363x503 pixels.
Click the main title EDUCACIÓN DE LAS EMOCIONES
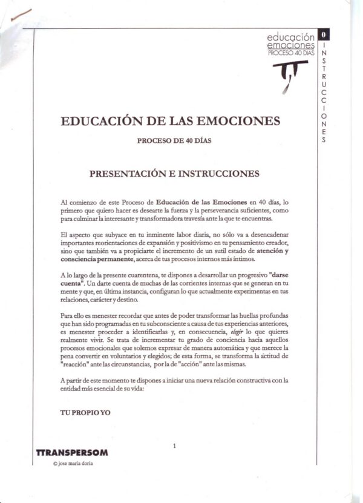pos(171,120)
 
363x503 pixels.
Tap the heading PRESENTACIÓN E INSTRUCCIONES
pos(174,173)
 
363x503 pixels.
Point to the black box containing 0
pos(324,34)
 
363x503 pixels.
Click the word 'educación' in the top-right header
pos(291,37)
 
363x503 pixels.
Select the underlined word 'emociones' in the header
pos(291,45)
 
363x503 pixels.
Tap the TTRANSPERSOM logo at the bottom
pos(72,452)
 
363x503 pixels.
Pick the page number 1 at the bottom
pos(174,446)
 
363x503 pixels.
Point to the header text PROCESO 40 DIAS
pos(291,53)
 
